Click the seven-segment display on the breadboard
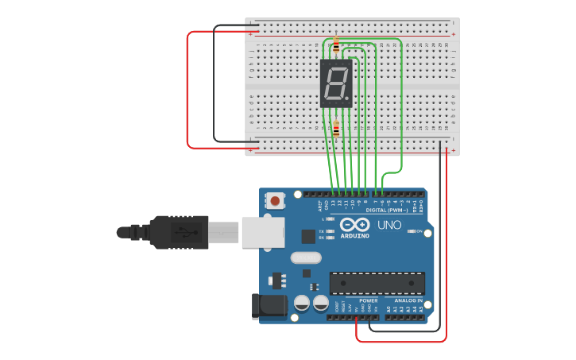(x=336, y=83)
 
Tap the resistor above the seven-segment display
(x=336, y=45)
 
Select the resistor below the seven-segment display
(x=336, y=129)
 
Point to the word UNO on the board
(x=389, y=226)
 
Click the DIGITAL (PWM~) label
(x=387, y=210)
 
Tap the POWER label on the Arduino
(x=368, y=300)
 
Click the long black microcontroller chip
(x=377, y=284)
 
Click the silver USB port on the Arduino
(x=263, y=232)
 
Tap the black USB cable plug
(x=179, y=232)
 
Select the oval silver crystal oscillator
(x=306, y=257)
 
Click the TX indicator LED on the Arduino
(x=330, y=230)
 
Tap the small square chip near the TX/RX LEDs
(x=308, y=236)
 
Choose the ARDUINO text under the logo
(x=355, y=235)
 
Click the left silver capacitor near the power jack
(x=302, y=303)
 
